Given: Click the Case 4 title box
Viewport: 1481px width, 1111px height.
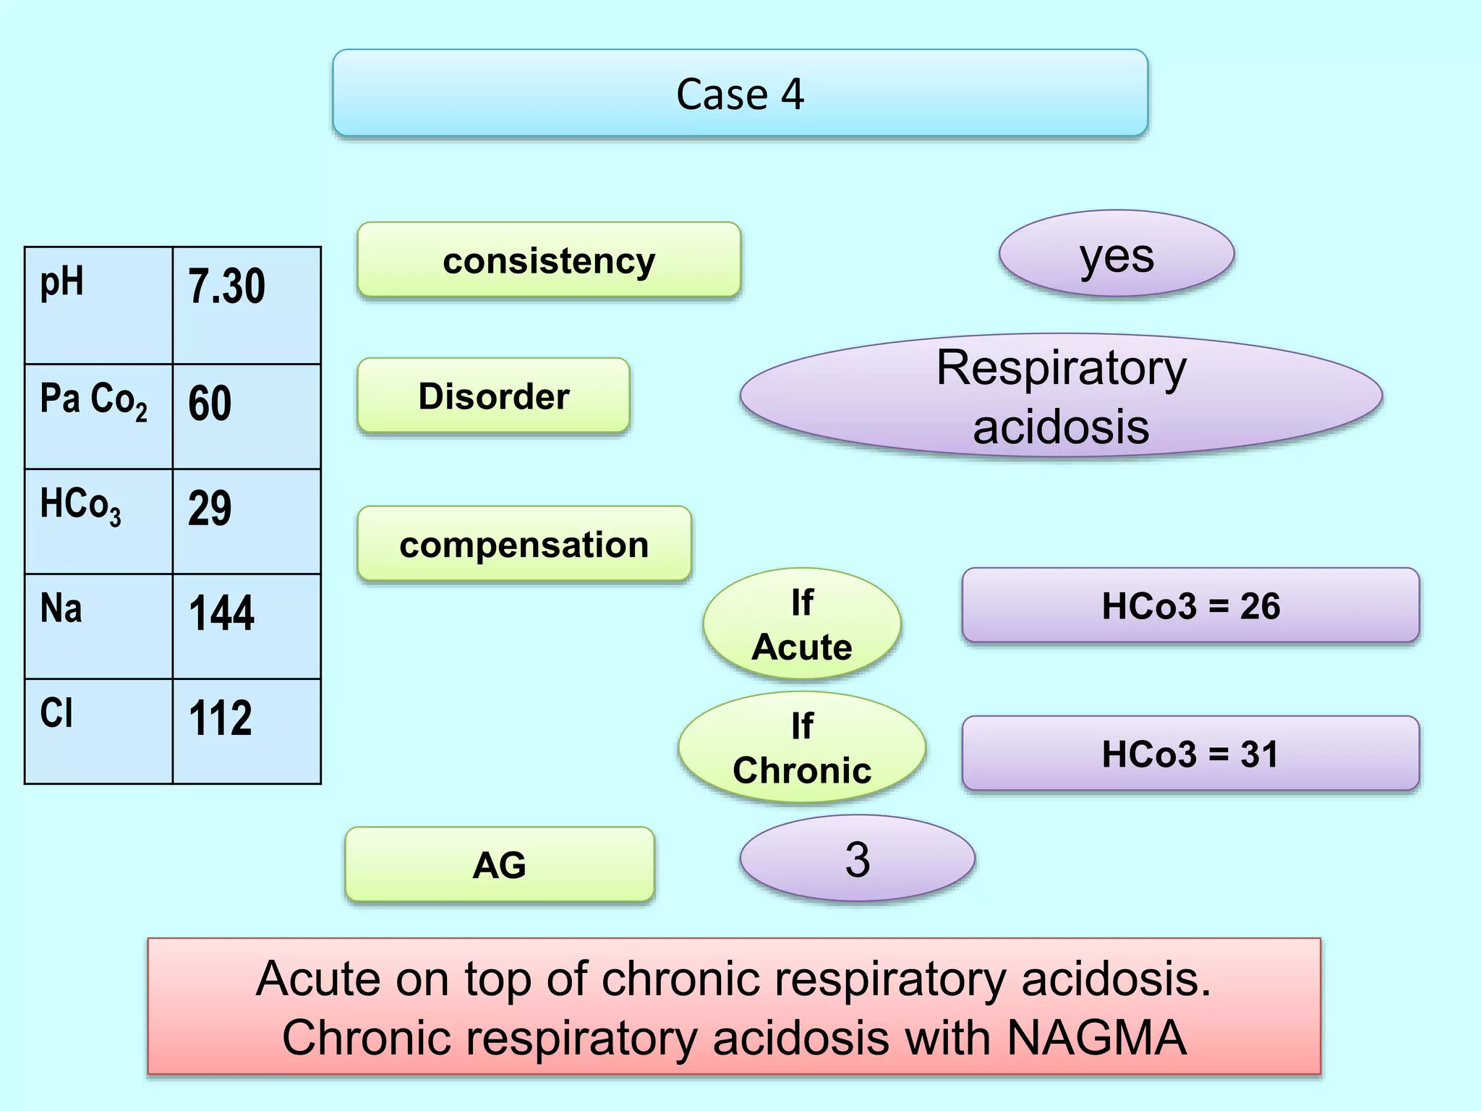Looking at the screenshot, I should coord(740,93).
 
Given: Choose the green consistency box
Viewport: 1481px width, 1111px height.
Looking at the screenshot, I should coord(549,260).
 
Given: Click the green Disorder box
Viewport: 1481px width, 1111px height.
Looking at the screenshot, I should coord(493,396).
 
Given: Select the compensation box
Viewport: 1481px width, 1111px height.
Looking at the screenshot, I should coord(524,544).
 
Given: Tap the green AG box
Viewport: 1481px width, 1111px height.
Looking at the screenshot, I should coord(499,864).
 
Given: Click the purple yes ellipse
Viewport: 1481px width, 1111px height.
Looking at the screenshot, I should coord(1116,254).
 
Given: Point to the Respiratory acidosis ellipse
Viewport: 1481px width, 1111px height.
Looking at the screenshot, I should coord(1060,396).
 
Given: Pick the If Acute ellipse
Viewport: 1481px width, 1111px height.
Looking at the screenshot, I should coord(801,623).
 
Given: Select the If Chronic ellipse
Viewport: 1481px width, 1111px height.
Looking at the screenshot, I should coord(801,747).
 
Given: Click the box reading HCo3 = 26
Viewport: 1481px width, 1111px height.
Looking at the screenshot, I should coord(1190,605).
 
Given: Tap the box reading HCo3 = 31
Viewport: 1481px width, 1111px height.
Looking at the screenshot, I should coord(1190,754).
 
